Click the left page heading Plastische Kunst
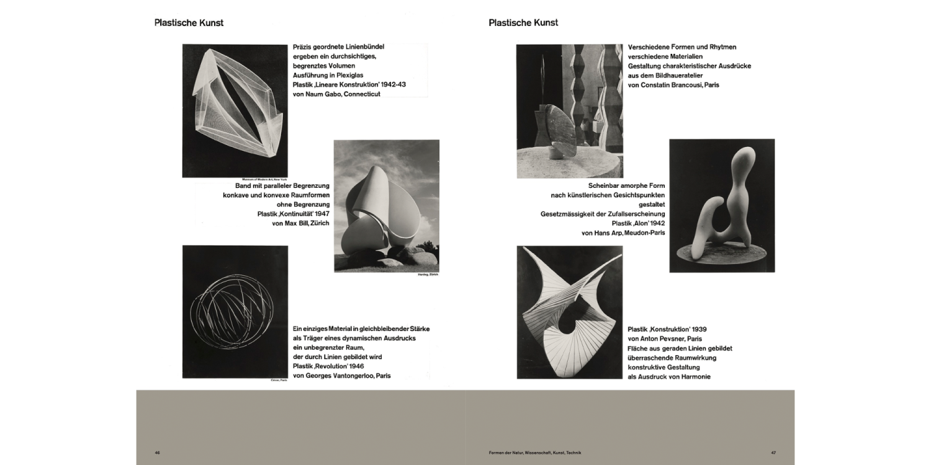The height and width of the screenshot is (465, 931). pos(189,23)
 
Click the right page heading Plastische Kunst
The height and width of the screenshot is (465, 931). pos(523,23)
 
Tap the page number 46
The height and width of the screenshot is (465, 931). pos(158,453)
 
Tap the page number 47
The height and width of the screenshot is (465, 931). pos(773,453)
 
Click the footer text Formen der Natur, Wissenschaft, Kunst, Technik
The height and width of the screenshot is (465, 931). pos(534,453)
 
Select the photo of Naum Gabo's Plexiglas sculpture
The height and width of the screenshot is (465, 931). pos(235,110)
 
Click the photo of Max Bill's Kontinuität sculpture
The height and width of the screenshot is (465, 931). pos(386,205)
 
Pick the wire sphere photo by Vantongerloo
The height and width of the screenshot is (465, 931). pos(235,311)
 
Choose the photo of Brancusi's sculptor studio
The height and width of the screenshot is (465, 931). pos(569,111)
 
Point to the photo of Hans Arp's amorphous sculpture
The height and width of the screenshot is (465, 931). pos(722,205)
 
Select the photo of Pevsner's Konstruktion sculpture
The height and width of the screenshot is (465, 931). pos(569,312)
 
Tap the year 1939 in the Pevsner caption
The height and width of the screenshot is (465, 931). pos(695,329)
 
